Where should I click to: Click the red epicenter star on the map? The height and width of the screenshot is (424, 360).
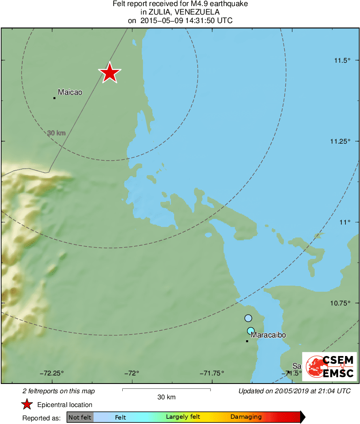[x=109, y=73]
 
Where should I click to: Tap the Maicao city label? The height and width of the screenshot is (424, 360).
[x=70, y=92]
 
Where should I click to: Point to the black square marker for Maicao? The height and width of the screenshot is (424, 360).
[x=54, y=98]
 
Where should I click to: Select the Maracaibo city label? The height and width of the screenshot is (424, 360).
[x=268, y=335]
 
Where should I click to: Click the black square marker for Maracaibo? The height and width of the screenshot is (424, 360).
[x=247, y=341]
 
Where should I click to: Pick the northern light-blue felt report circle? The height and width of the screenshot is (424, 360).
[x=248, y=318]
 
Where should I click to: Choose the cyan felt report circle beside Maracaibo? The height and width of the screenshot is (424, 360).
[x=251, y=331]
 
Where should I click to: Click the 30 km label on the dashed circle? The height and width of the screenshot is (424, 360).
[x=56, y=133]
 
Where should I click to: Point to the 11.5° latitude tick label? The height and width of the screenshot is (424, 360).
[x=342, y=61]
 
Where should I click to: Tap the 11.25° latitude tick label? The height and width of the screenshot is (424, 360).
[x=340, y=141]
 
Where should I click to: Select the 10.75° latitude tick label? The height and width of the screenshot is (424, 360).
[x=340, y=303]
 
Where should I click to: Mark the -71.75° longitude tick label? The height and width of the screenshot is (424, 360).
[x=212, y=373]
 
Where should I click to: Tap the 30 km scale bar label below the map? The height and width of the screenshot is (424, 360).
[x=166, y=397]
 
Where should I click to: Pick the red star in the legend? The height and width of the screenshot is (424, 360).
[x=27, y=405]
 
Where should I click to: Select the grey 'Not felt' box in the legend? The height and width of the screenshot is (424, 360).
[x=80, y=417]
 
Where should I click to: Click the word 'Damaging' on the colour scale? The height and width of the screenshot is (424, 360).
[x=246, y=417]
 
